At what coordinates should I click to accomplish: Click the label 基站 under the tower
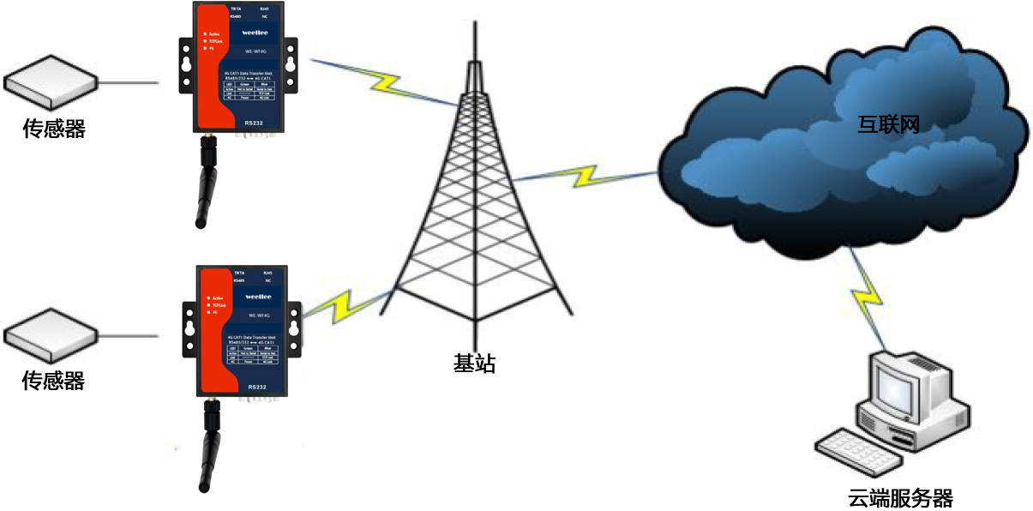[x=474, y=364]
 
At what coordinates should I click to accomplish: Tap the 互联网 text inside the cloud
[x=888, y=124]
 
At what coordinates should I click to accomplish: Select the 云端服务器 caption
[x=900, y=498]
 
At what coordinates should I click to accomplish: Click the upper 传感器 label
[x=54, y=129]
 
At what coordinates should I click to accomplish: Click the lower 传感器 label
[x=54, y=380]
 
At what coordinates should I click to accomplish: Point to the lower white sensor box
[x=50, y=334]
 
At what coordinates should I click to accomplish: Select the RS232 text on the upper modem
[x=254, y=123]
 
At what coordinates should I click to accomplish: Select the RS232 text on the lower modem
[x=257, y=388]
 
